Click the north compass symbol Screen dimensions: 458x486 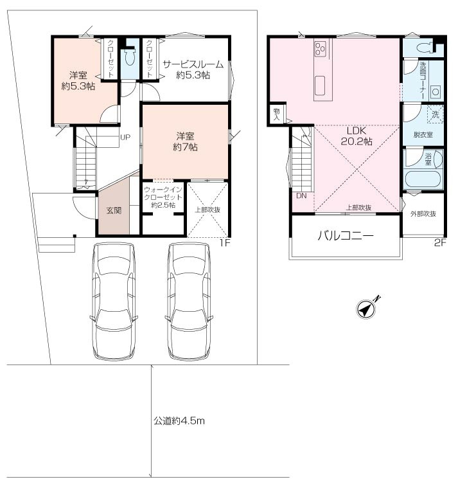coord(367,308)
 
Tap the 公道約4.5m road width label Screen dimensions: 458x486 coord(179,421)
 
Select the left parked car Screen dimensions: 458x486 coord(114,301)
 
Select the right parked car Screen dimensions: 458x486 coord(189,301)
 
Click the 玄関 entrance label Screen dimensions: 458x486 coord(114,210)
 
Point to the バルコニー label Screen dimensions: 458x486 coord(346,236)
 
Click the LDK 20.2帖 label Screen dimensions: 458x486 coord(357,136)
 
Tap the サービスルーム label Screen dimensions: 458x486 coord(193,64)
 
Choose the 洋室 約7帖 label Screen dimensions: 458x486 coord(185,141)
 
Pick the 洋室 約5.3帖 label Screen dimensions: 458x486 coord(78,80)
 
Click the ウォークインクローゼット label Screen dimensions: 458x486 coord(163,197)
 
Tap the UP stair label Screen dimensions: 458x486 coord(125,137)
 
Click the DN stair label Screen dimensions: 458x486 coord(301,196)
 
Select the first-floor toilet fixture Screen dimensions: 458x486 coord(130,57)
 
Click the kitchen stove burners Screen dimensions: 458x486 coord(320,49)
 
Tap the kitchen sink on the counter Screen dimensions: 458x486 coord(320,86)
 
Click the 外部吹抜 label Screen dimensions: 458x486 coord(423,213)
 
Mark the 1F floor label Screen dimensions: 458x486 coord(225,243)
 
